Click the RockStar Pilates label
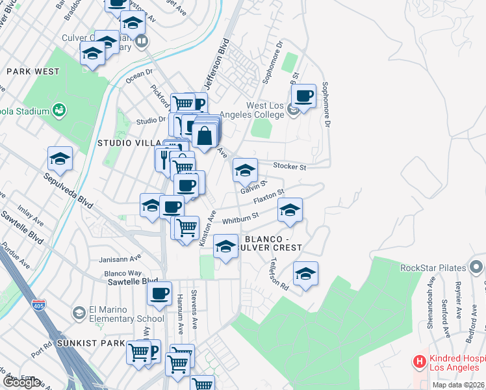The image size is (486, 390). [432, 266]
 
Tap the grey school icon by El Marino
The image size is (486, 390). [79, 314]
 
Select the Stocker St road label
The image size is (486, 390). [289, 166]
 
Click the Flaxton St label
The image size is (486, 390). [268, 195]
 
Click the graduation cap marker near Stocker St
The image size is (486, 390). [245, 171]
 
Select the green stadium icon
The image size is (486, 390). [59, 110]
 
